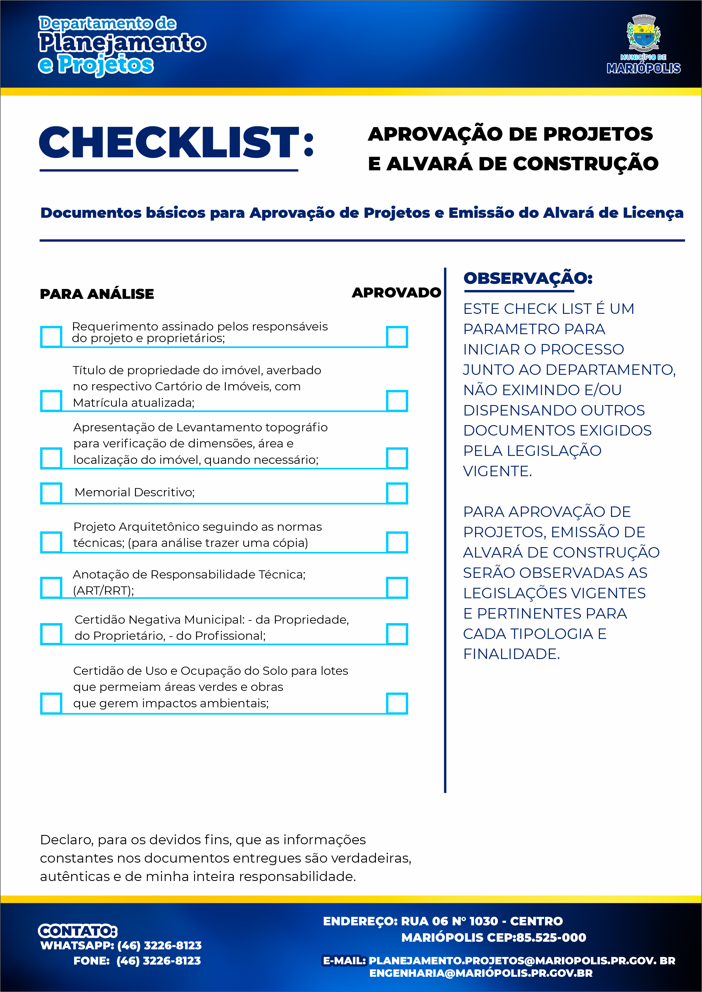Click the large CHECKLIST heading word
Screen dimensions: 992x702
(x=170, y=143)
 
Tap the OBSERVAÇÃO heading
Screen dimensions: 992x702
(x=527, y=278)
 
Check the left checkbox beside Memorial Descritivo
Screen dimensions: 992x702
(x=51, y=493)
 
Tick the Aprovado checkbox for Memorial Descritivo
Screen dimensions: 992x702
(x=397, y=493)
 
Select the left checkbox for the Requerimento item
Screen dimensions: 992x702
(x=51, y=337)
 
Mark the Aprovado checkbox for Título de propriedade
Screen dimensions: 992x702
(x=397, y=401)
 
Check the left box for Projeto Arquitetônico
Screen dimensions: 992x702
(x=51, y=542)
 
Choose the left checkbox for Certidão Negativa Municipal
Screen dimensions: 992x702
(x=51, y=634)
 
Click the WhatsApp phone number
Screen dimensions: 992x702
(x=159, y=946)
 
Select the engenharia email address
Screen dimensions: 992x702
(x=481, y=973)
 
